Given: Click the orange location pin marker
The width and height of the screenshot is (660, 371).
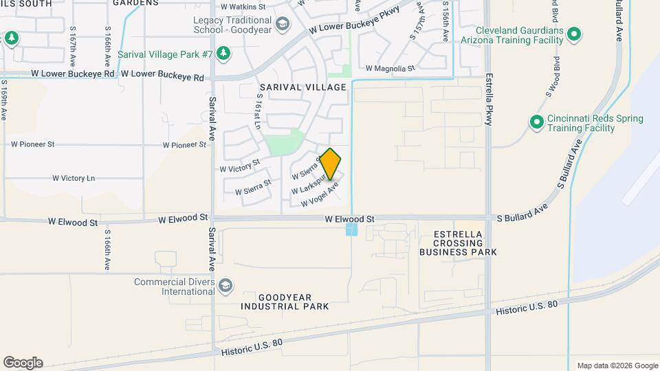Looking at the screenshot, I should [x=331, y=164].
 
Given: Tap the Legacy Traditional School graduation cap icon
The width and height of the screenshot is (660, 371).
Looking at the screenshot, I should [x=281, y=25].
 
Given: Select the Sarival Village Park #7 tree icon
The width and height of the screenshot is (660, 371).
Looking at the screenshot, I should [x=223, y=53].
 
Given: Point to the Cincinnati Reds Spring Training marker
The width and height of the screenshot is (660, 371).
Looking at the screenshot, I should [x=536, y=122].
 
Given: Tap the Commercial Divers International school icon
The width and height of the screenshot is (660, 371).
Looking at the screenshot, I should [x=225, y=285].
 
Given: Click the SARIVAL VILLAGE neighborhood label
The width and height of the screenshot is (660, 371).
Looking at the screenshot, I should [x=302, y=88].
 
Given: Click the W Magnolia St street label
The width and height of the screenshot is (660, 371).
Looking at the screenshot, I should [x=390, y=69].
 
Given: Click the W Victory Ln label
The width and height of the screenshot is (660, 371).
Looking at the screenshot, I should [x=74, y=179].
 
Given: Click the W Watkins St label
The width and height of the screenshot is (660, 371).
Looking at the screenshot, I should [x=243, y=7].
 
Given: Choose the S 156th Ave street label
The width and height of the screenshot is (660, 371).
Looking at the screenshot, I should [x=445, y=22].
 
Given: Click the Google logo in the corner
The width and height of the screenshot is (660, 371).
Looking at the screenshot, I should [x=23, y=363].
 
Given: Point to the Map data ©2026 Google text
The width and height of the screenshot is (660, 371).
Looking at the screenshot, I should [x=617, y=366].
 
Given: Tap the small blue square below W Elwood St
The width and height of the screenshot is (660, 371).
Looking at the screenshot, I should [x=352, y=229].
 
